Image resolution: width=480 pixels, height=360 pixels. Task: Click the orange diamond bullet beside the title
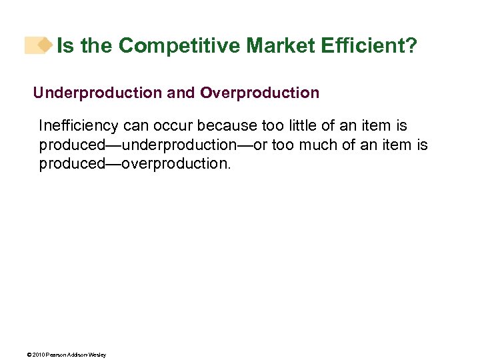[44, 45]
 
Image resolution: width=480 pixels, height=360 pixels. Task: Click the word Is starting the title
[65, 45]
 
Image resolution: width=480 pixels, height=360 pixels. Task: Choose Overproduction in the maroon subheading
[259, 93]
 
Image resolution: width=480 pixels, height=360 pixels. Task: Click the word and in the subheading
[181, 93]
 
